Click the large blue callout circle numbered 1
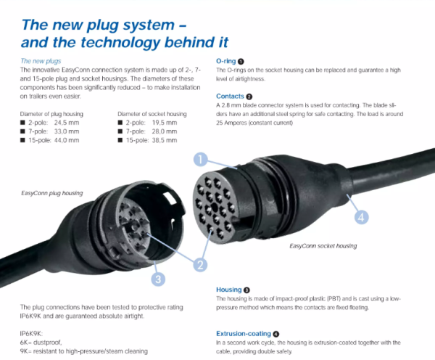point(201,160)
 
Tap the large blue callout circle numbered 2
point(200,264)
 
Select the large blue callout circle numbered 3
point(158,279)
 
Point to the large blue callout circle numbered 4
point(361,217)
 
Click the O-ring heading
point(225,61)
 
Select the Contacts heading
point(230,96)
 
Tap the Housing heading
point(229,290)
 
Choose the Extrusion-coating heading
point(244,334)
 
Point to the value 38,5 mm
point(165,140)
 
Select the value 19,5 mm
point(165,123)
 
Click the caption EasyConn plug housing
point(52,193)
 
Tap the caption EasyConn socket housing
point(323,246)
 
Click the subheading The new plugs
point(41,61)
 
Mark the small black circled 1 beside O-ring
point(241,62)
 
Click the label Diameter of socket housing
point(152,114)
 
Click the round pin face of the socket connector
point(215,207)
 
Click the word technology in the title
point(120,43)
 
